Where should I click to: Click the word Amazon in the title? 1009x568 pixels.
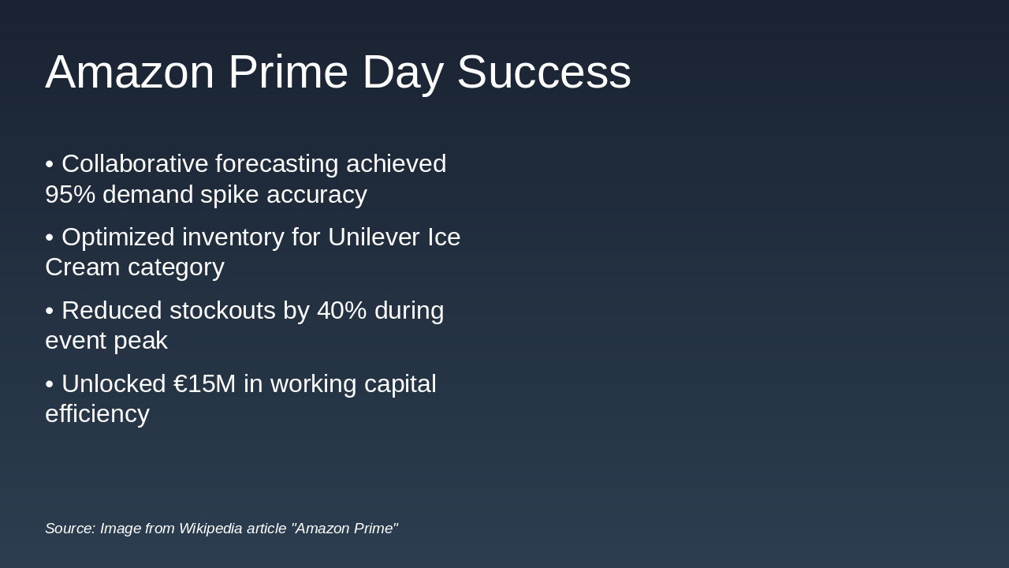129,72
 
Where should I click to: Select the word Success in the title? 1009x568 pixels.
543,72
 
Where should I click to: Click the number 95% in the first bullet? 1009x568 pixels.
70,194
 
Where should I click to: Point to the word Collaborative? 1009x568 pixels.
135,164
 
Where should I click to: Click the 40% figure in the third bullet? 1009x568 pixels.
341,311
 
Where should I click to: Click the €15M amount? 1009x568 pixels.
204,384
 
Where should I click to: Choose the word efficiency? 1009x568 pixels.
97,414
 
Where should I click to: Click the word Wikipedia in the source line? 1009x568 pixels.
210,529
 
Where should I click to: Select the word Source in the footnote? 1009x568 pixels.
69,529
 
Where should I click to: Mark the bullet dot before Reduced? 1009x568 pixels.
50,311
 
